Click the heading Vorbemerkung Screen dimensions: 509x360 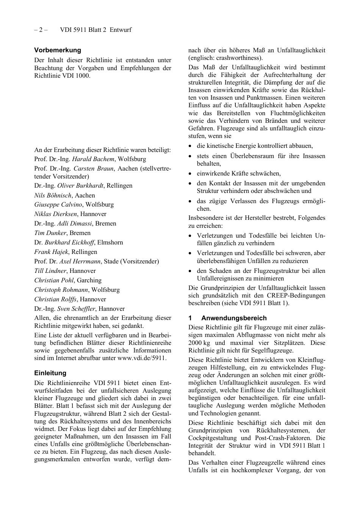[x=58, y=50]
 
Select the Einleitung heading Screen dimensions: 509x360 [x=50, y=373]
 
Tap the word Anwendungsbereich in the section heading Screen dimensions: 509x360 [x=234, y=318]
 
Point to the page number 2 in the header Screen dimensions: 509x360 [x=41, y=30]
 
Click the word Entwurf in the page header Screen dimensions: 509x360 [x=121, y=30]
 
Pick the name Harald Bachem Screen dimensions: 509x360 [x=93, y=159]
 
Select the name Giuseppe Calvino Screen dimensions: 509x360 [x=58, y=205]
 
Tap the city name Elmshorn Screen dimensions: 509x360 [x=110, y=243]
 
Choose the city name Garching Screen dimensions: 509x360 [x=89, y=280]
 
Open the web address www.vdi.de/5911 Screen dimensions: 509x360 [x=141, y=358]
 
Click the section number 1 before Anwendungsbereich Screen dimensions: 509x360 [x=190, y=318]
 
